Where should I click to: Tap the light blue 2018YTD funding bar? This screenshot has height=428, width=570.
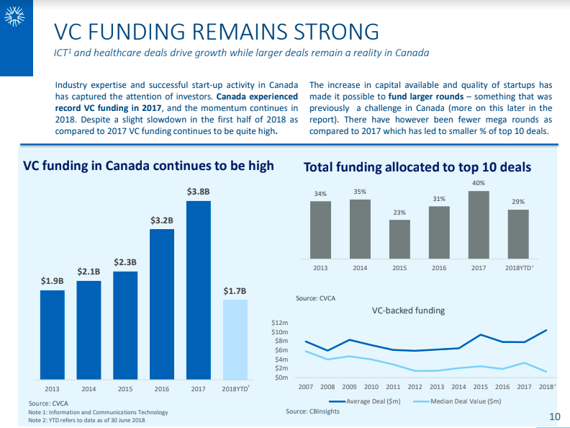click(x=235, y=339)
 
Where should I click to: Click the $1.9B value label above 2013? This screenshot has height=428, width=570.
click(x=52, y=280)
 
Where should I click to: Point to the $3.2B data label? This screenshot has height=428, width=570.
click(x=162, y=220)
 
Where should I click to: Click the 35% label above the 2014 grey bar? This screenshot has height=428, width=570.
click(x=360, y=192)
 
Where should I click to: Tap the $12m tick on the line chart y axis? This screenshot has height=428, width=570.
click(x=280, y=324)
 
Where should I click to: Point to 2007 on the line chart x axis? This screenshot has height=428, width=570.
click(x=306, y=387)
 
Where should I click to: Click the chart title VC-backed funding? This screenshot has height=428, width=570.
click(x=408, y=311)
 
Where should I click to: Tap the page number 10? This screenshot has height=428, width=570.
click(x=554, y=416)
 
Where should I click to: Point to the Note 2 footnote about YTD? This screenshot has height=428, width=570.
click(x=86, y=420)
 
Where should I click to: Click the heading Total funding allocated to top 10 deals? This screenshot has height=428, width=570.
click(x=417, y=167)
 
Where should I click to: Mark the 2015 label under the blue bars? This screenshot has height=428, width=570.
click(x=125, y=388)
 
